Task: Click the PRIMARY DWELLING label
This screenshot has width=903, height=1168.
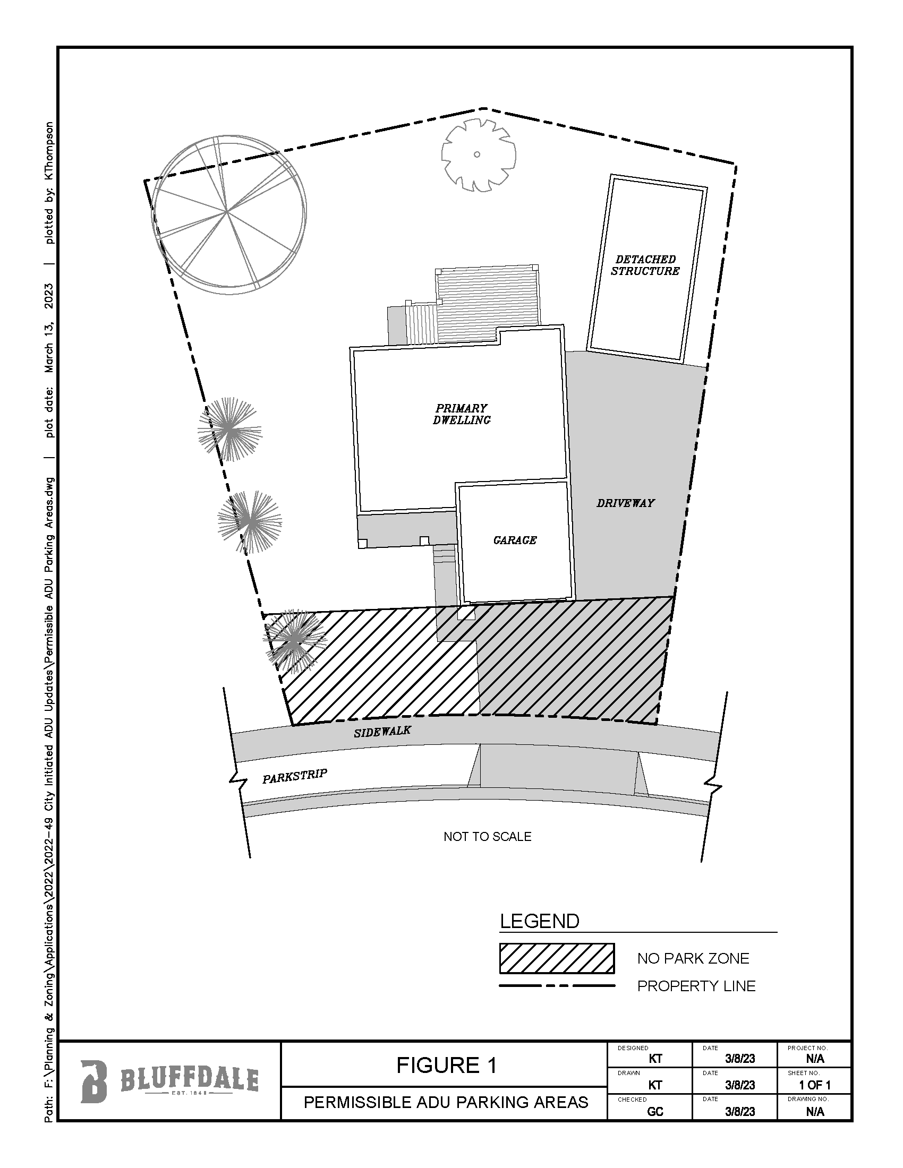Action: click(x=462, y=415)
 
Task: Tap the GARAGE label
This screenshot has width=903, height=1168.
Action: click(x=515, y=540)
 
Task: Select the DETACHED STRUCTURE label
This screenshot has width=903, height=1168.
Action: click(x=645, y=265)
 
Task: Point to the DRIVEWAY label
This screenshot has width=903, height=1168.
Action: click(x=625, y=503)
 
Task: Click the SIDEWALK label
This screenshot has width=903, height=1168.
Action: click(x=382, y=731)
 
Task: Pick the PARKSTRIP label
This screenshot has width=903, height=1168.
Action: click(x=294, y=776)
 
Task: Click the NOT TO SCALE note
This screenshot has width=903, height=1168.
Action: click(x=487, y=837)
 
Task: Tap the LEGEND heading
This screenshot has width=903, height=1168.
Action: click(x=539, y=921)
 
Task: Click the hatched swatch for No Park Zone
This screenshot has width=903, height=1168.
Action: click(x=556, y=958)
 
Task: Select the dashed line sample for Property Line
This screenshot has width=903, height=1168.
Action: click(x=556, y=985)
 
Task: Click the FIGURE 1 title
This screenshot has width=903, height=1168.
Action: click(x=446, y=1066)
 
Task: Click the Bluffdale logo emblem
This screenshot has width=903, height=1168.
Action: click(x=94, y=1081)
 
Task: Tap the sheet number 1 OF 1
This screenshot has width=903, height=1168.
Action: click(x=814, y=1085)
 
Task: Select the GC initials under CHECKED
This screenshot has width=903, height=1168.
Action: click(x=655, y=1111)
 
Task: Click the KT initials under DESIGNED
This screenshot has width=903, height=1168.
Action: click(x=655, y=1058)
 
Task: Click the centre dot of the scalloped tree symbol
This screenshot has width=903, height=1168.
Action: click(x=476, y=154)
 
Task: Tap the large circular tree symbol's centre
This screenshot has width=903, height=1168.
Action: click(x=227, y=212)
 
